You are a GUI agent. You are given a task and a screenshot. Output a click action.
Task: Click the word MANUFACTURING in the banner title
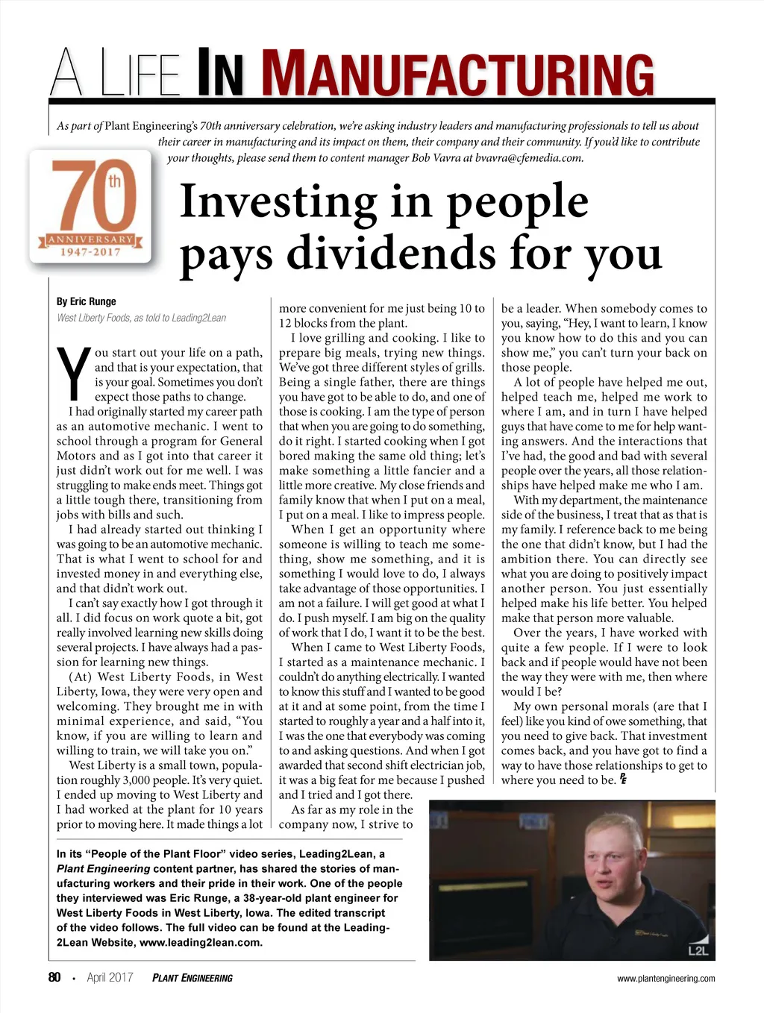click(x=458, y=74)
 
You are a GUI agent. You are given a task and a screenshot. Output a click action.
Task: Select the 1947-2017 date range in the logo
click(x=90, y=252)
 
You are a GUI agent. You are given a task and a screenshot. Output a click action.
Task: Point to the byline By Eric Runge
click(x=87, y=301)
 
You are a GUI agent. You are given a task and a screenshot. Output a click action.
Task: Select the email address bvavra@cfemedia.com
click(x=529, y=157)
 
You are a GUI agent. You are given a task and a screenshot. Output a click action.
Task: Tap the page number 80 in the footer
click(x=54, y=977)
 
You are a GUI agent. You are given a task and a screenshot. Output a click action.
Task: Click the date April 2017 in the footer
click(x=110, y=977)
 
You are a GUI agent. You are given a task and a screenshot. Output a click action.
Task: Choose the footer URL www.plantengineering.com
click(x=666, y=978)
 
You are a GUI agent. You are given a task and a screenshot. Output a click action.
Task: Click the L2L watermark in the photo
click(x=698, y=950)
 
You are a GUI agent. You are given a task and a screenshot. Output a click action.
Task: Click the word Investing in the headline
click(x=279, y=201)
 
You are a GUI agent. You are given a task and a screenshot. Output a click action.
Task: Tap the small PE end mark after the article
click(x=623, y=780)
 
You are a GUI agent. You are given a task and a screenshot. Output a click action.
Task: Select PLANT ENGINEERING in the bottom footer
click(x=192, y=978)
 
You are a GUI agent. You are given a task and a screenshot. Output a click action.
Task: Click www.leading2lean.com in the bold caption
click(x=201, y=942)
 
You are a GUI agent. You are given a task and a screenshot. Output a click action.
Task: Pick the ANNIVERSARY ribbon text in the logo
click(x=90, y=239)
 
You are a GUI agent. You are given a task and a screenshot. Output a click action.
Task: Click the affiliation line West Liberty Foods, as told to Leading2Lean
click(x=142, y=318)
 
